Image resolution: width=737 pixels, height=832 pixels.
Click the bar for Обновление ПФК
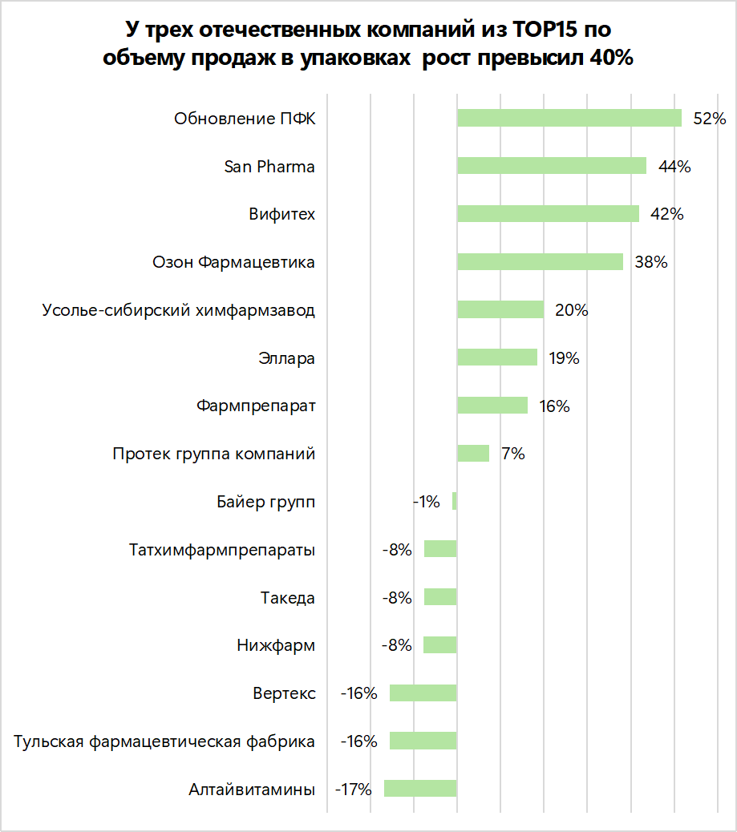pyautogui.click(x=569, y=119)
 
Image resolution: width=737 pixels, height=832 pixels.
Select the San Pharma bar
pyautogui.click(x=551, y=166)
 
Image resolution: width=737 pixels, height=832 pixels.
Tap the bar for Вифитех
pyautogui.click(x=548, y=214)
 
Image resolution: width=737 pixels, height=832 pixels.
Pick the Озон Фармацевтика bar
pyautogui.click(x=540, y=262)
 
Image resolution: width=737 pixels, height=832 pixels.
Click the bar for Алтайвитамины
pyautogui.click(x=420, y=789)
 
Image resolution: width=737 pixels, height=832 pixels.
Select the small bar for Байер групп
pyautogui.click(x=454, y=502)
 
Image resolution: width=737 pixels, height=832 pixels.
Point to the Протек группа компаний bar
pyautogui.click(x=472, y=454)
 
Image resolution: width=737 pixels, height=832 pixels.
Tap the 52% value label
pyautogui.click(x=709, y=119)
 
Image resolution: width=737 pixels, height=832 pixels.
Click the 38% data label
pyautogui.click(x=650, y=262)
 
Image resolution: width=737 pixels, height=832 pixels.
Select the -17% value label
pyautogui.click(x=354, y=790)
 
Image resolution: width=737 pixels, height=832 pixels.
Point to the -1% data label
pyautogui.click(x=427, y=502)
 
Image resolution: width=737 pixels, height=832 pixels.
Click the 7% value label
pyautogui.click(x=512, y=454)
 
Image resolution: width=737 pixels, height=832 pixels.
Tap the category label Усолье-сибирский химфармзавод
pyautogui.click(x=178, y=310)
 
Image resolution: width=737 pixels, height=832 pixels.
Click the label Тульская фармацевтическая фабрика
pyautogui.click(x=164, y=741)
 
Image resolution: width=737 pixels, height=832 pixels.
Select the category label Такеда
pyautogui.click(x=287, y=598)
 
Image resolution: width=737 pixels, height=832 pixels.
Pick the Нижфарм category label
pyautogui.click(x=276, y=645)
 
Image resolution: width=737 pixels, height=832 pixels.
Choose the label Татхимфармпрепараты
pyautogui.click(x=221, y=550)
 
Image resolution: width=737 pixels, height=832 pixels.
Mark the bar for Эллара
pyautogui.click(x=496, y=357)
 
